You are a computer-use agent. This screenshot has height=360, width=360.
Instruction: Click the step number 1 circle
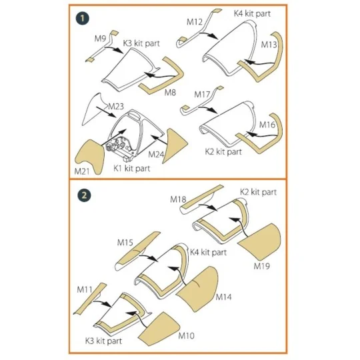(83, 18)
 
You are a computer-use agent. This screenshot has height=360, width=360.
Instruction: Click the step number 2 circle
(84, 195)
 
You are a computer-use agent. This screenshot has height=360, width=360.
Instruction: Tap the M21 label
(82, 171)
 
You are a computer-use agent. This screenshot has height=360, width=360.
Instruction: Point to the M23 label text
(116, 106)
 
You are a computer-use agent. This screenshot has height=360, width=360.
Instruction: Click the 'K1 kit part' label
(132, 168)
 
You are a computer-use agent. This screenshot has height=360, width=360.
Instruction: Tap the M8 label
(170, 92)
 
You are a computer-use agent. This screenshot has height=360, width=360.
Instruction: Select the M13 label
(269, 45)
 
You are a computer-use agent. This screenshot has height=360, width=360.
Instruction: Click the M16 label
(267, 125)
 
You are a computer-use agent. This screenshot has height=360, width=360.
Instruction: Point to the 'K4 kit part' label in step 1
(252, 13)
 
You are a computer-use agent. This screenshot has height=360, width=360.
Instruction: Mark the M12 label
(195, 22)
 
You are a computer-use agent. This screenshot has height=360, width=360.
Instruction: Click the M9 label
(100, 39)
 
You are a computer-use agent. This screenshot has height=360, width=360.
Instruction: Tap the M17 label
(202, 94)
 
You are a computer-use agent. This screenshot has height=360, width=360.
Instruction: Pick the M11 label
(85, 289)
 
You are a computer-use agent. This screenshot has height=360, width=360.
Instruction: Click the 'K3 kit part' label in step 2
(103, 341)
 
